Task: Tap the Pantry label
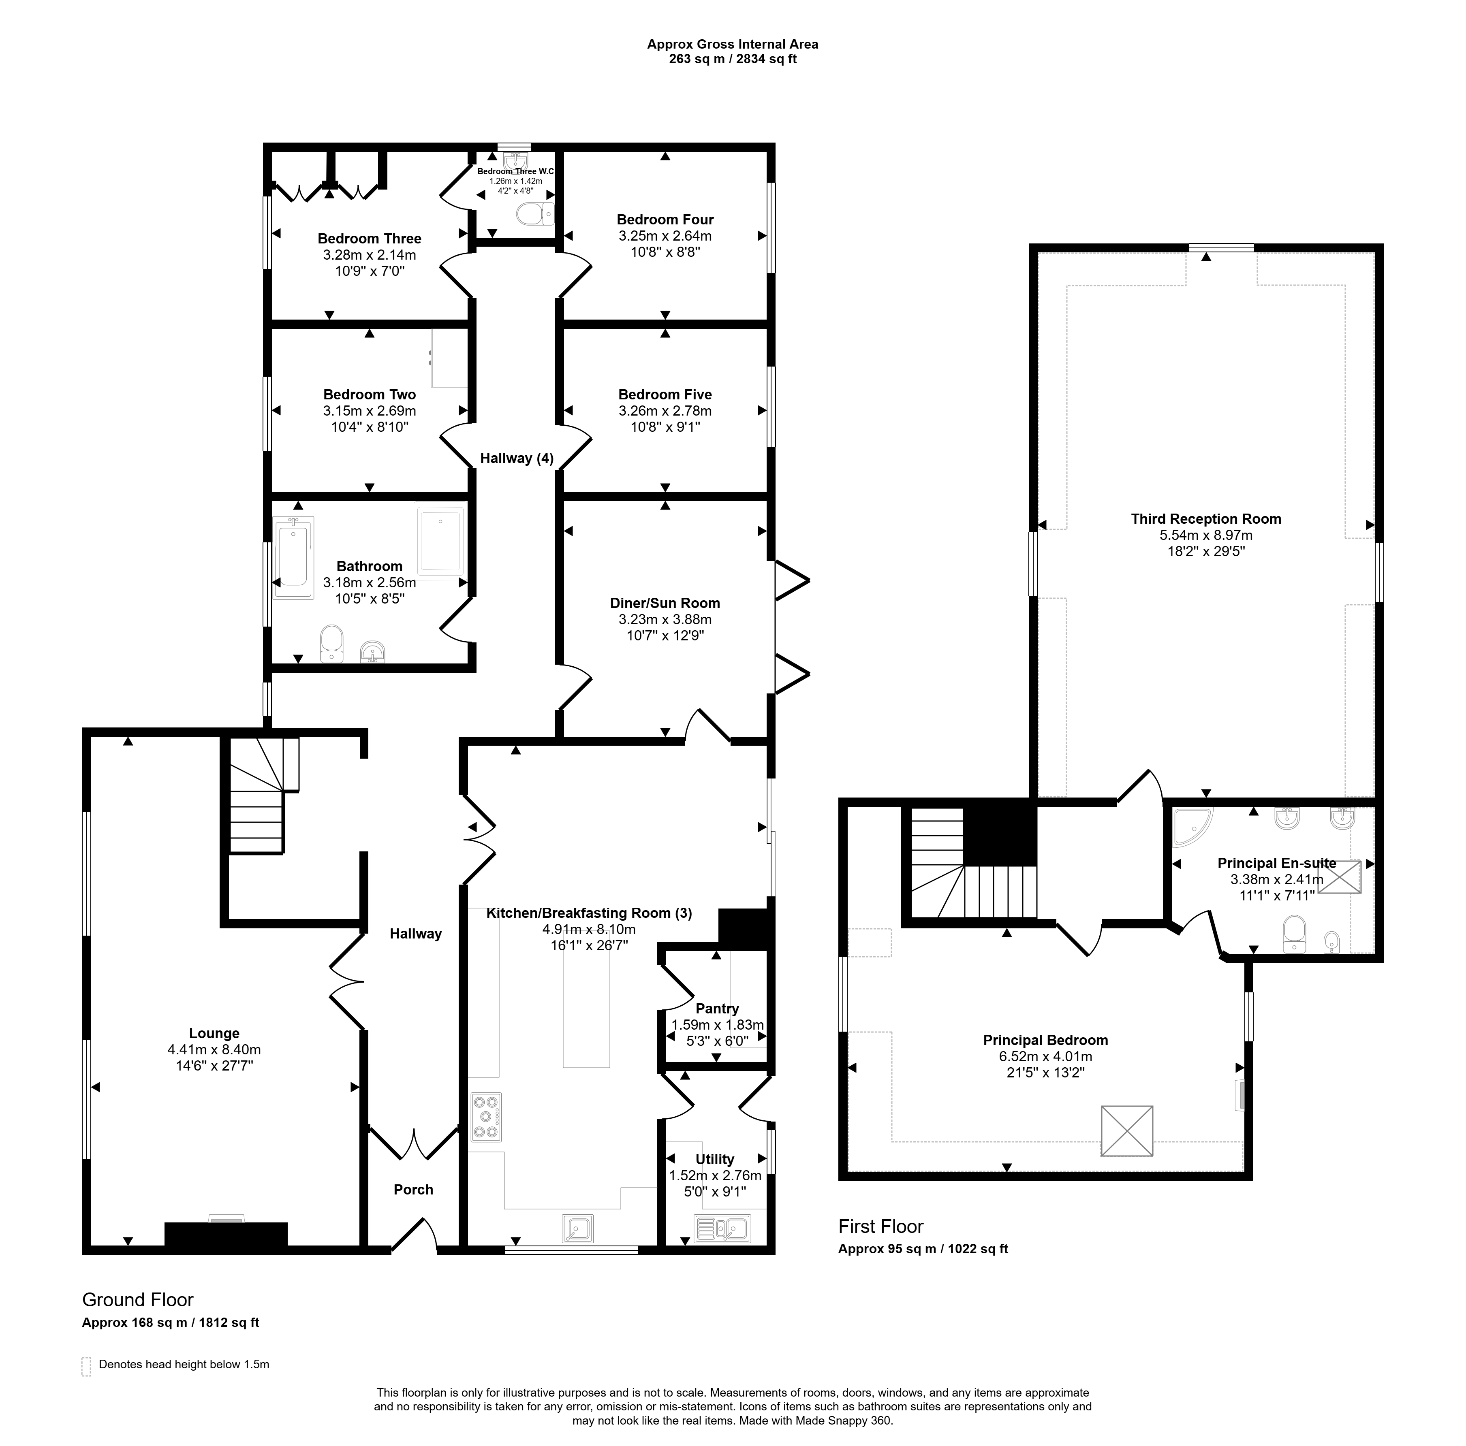click(717, 1008)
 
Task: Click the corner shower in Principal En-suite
click(1192, 826)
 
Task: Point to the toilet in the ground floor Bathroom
click(331, 643)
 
